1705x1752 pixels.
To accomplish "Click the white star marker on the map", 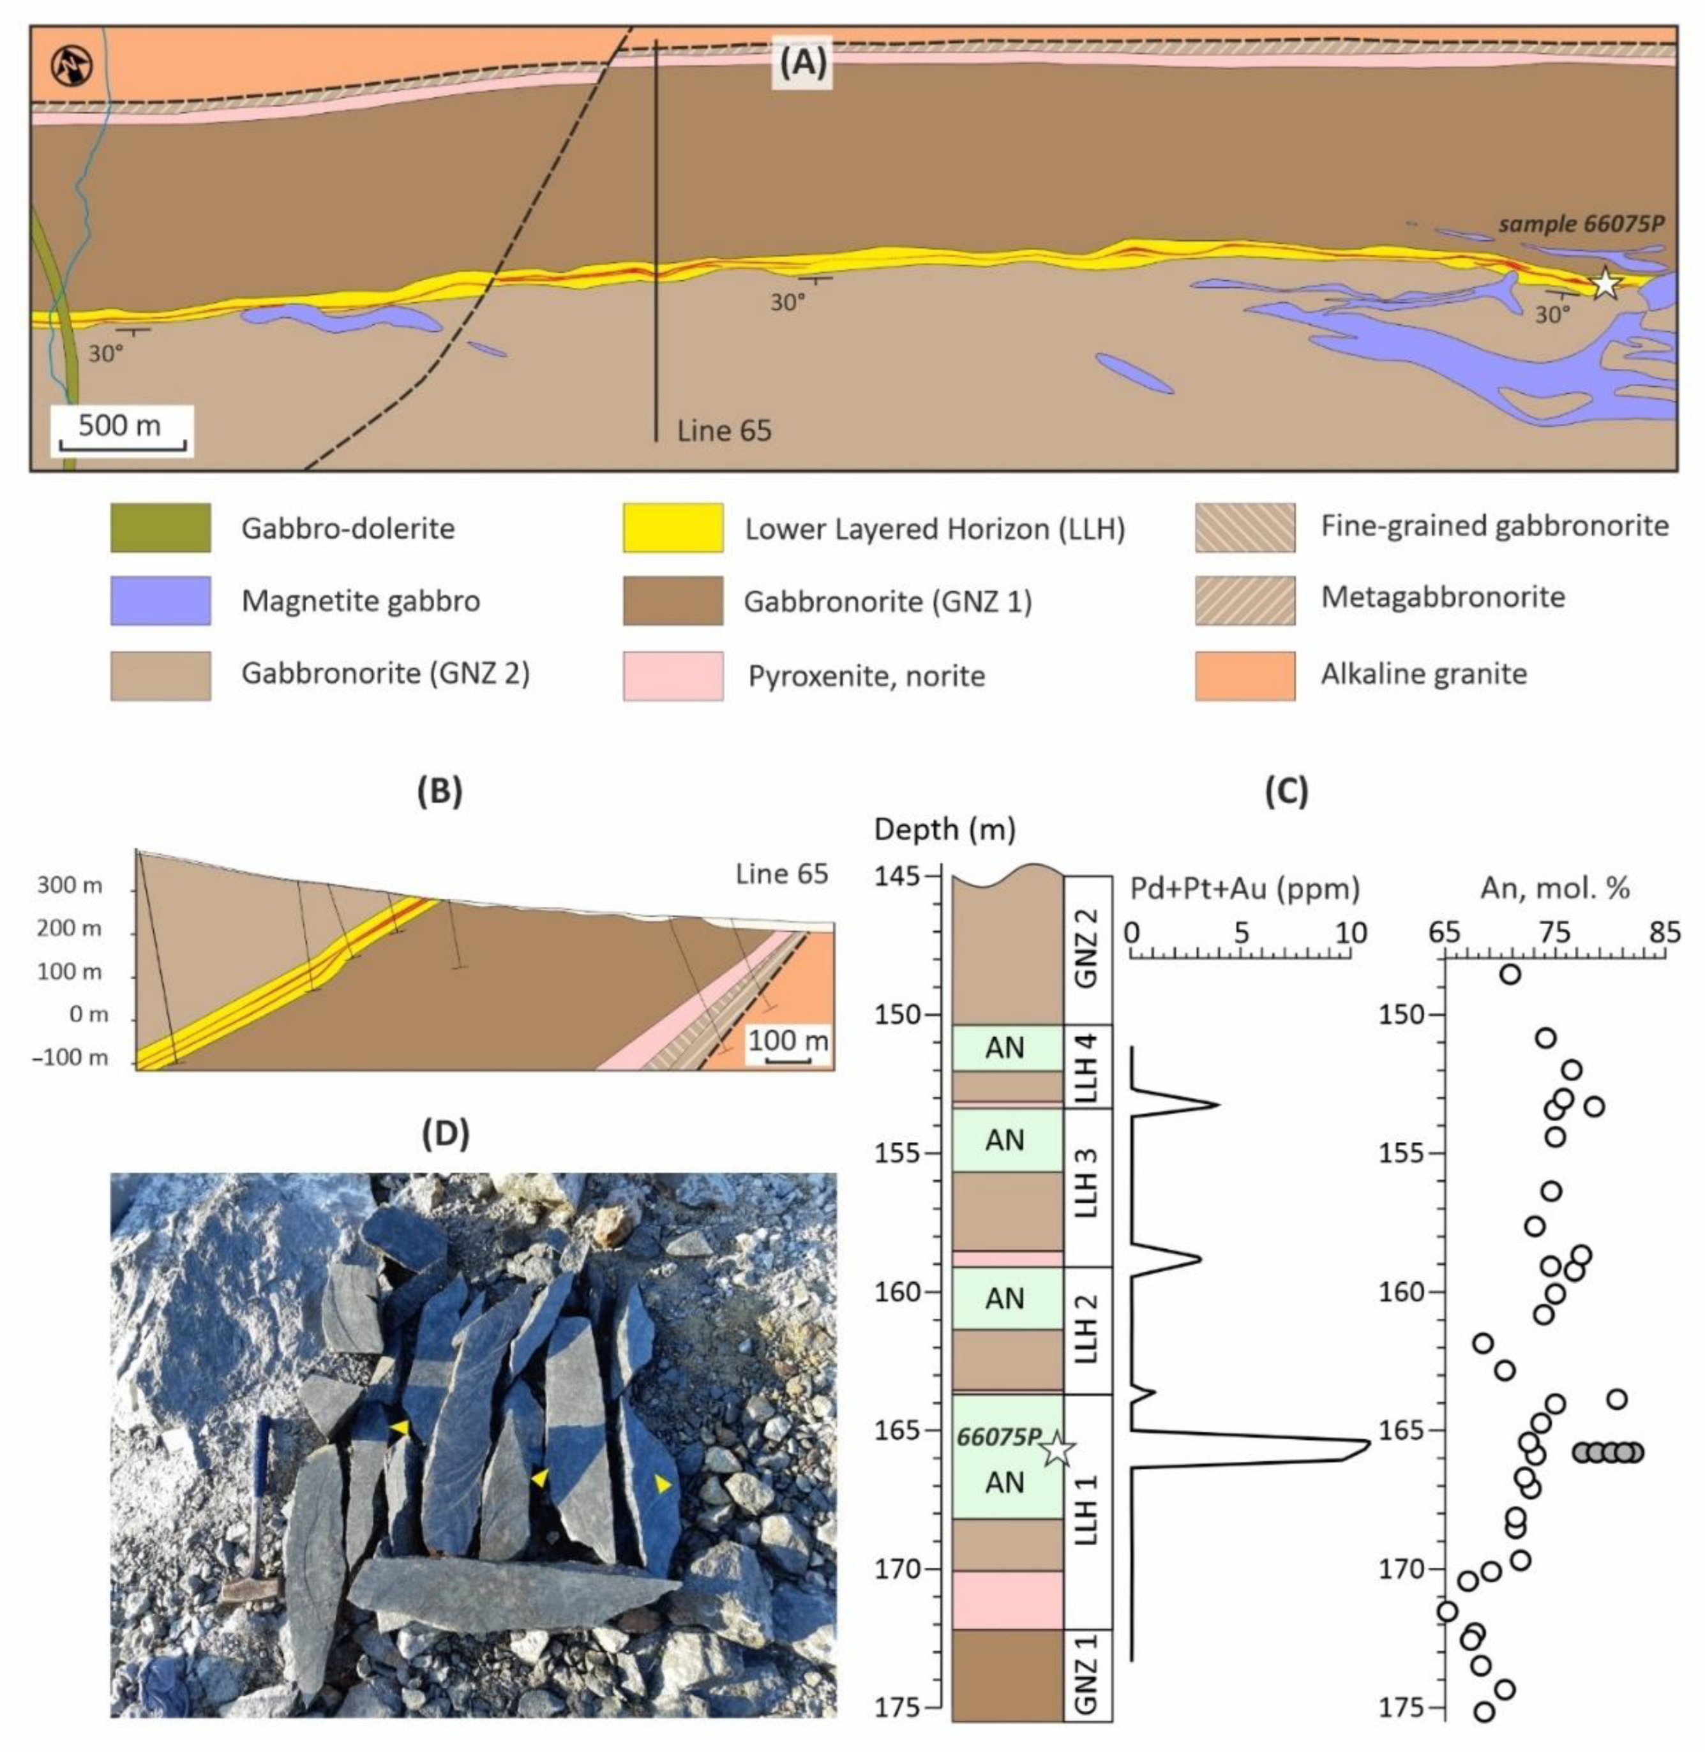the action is coord(1605,284).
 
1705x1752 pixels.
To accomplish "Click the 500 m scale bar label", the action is coord(119,424).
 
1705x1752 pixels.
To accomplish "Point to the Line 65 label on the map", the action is coord(723,431).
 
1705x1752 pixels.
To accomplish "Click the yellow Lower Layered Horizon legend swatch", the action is coord(673,528).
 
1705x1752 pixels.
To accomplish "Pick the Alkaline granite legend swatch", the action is coord(1244,674).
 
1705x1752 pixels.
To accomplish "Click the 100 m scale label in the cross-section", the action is coord(788,1040).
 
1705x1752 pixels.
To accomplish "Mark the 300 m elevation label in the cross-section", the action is coord(69,887).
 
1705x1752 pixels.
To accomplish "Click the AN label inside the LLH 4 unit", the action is coord(1004,1047).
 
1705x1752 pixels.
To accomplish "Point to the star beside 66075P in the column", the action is coord(1058,1448).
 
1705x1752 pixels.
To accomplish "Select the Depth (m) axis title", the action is coord(944,830).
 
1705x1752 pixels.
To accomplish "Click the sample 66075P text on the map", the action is coord(1581,224).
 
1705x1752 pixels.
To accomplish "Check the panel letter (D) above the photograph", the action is coord(445,1134).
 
